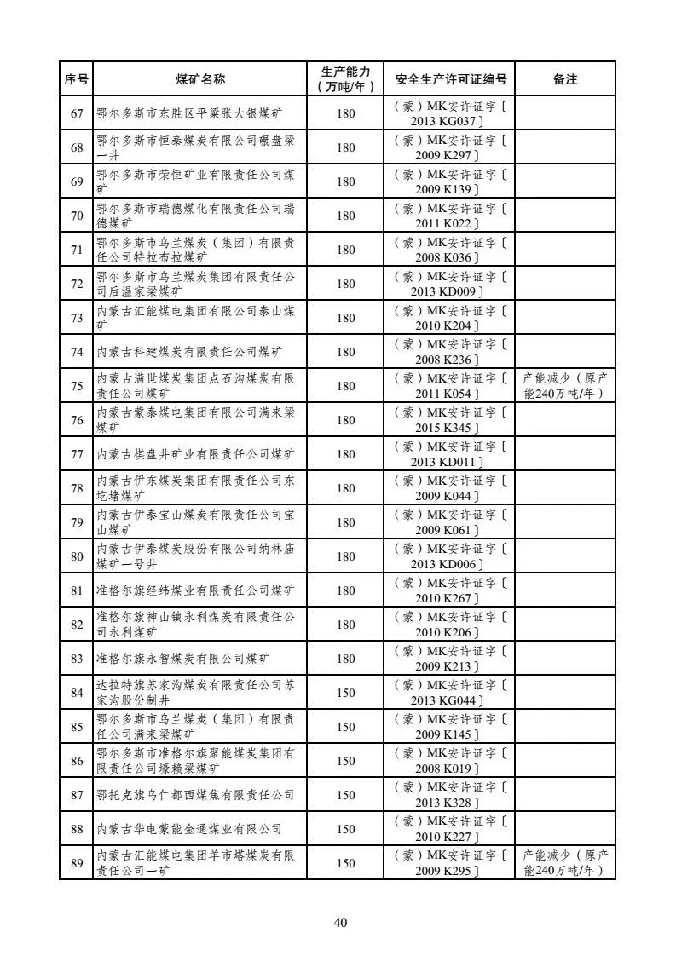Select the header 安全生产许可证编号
pyautogui.click(x=451, y=79)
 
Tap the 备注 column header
pyautogui.click(x=565, y=79)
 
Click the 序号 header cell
pyautogui.click(x=77, y=79)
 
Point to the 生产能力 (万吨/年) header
pyautogui.click(x=345, y=79)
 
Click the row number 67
pyautogui.click(x=77, y=113)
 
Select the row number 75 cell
pyautogui.click(x=77, y=386)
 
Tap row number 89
pyautogui.click(x=77, y=863)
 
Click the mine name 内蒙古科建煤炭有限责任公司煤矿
pyautogui.click(x=188, y=352)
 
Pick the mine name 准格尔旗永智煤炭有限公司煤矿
pyautogui.click(x=188, y=659)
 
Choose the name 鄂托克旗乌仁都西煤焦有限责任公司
pyautogui.click(x=195, y=795)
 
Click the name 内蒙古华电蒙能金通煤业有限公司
pyautogui.click(x=188, y=829)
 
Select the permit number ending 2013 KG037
pyautogui.click(x=451, y=113)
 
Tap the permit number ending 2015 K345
pyautogui.click(x=451, y=420)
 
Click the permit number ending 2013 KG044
pyautogui.click(x=451, y=693)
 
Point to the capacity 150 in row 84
pyautogui.click(x=345, y=693)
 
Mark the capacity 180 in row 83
pyautogui.click(x=345, y=659)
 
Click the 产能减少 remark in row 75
pyautogui.click(x=565, y=386)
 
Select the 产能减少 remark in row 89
pyautogui.click(x=565, y=863)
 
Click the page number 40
pyautogui.click(x=341, y=922)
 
